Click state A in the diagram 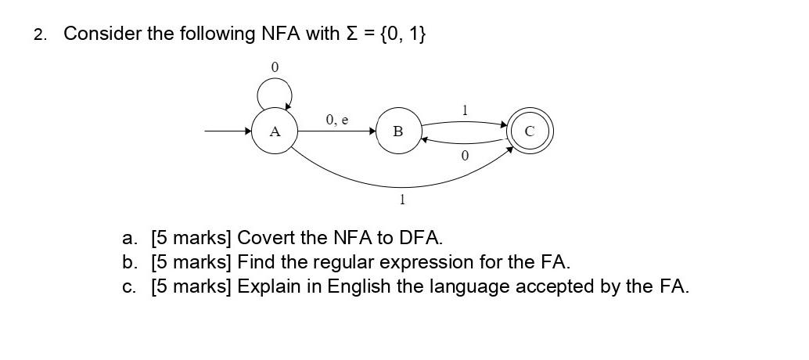point(274,131)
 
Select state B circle point(398,131)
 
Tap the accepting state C point(530,131)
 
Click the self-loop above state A point(275,95)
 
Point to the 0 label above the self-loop point(274,68)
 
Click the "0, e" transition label point(337,120)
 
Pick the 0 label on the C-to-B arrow point(465,157)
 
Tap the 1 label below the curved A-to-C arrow point(402,200)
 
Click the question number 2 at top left point(40,34)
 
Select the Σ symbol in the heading point(351,34)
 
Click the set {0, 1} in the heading point(403,34)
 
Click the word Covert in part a point(263,237)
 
